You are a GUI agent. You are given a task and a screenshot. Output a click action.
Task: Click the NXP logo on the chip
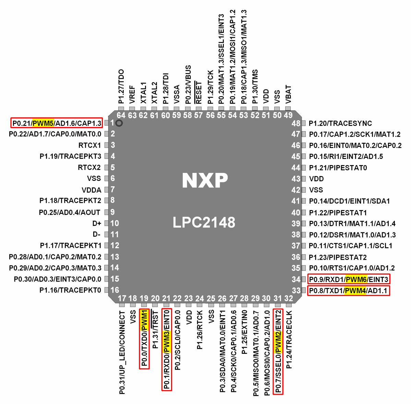coord(205,180)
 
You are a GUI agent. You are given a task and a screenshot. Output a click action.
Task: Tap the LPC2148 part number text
coord(204,222)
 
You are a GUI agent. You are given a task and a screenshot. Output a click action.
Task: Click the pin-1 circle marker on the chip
coord(119,123)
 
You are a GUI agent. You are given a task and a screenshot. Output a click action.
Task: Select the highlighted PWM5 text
coord(43,123)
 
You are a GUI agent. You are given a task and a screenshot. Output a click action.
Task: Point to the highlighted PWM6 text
coord(356,279)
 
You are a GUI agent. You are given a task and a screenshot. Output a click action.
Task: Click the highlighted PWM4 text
coord(355,291)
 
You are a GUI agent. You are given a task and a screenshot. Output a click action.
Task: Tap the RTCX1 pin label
coord(89,145)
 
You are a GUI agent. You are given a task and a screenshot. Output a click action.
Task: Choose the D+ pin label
coord(97,223)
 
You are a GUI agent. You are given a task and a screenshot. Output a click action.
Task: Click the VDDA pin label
coord(91,190)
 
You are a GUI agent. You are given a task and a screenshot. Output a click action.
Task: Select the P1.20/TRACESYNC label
coord(340,124)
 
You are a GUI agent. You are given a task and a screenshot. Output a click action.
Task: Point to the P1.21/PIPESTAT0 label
coord(338,168)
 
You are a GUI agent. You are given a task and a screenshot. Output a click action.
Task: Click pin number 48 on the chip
coord(295,124)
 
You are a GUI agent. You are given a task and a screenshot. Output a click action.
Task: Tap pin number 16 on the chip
coord(115,290)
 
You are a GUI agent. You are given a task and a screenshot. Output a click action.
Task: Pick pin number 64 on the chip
coord(121,115)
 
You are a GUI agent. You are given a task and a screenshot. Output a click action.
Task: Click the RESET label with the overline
coord(198,92)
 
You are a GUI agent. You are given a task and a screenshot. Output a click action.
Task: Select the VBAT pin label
coord(288,94)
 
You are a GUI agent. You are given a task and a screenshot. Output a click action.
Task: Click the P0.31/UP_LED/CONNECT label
coord(122,352)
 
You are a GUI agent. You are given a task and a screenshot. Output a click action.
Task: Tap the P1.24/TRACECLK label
coord(289,339)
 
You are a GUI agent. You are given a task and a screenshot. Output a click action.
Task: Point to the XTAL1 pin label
coord(144,93)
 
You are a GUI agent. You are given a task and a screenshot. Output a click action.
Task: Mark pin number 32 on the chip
coord(289,299)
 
